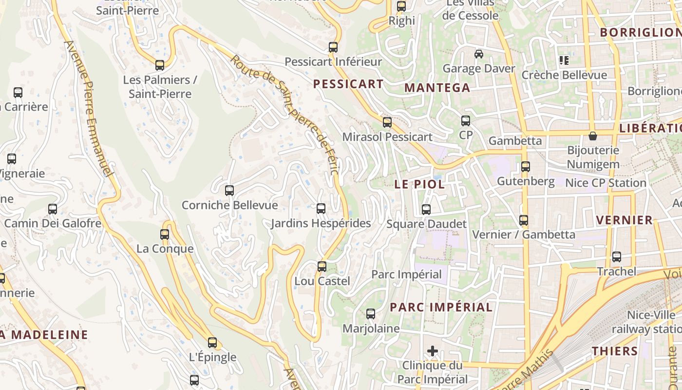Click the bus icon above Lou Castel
pyautogui.click(x=322, y=267)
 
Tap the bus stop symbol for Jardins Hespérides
pyautogui.click(x=321, y=209)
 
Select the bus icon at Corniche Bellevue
pyautogui.click(x=229, y=191)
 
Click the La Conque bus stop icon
pyautogui.click(x=165, y=234)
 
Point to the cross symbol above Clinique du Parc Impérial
pyautogui.click(x=432, y=351)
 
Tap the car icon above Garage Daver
pyautogui.click(x=478, y=54)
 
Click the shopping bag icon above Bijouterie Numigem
pyautogui.click(x=592, y=136)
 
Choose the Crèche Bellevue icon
pyautogui.click(x=564, y=61)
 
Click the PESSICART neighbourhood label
pyautogui.click(x=348, y=84)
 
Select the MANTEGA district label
pyautogui.click(x=437, y=88)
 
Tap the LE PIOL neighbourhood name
pyautogui.click(x=419, y=184)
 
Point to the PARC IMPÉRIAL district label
pyautogui.click(x=441, y=307)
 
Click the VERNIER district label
pyautogui.click(x=625, y=220)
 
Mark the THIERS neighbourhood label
pyautogui.click(x=615, y=351)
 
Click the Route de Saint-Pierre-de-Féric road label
pyautogui.click(x=284, y=115)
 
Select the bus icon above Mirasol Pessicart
pyautogui.click(x=387, y=122)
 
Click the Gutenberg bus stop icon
pyautogui.click(x=525, y=167)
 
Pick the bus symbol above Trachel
pyautogui.click(x=616, y=257)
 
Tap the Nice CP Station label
pyautogui.click(x=606, y=183)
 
